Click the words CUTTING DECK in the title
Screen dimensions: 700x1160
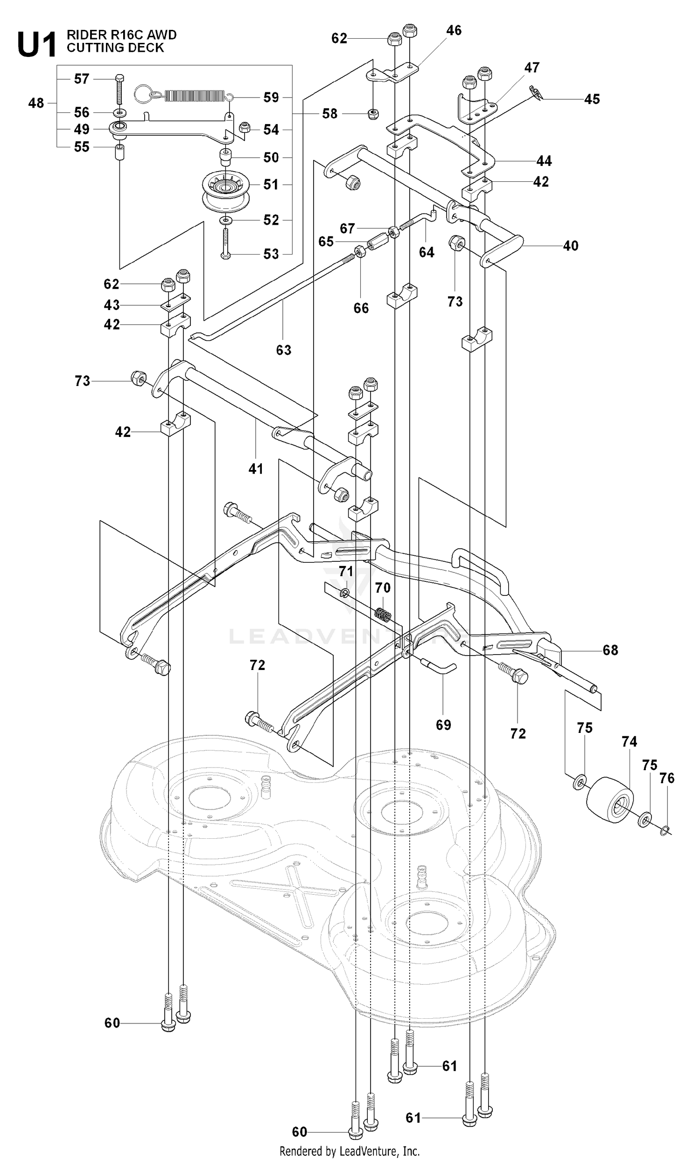(115, 48)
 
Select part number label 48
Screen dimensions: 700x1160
(36, 103)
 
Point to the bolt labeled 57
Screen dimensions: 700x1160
(119, 89)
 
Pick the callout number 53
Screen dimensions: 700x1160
(271, 254)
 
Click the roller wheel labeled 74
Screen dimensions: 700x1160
(610, 801)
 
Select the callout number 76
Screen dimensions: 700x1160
(666, 778)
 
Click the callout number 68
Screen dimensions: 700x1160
(610, 650)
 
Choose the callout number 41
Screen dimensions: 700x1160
(256, 469)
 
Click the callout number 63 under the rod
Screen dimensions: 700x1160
(284, 350)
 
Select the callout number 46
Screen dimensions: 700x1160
(454, 31)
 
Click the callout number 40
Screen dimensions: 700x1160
(570, 246)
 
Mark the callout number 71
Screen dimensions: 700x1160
(346, 572)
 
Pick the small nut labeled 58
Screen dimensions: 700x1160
(373, 113)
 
